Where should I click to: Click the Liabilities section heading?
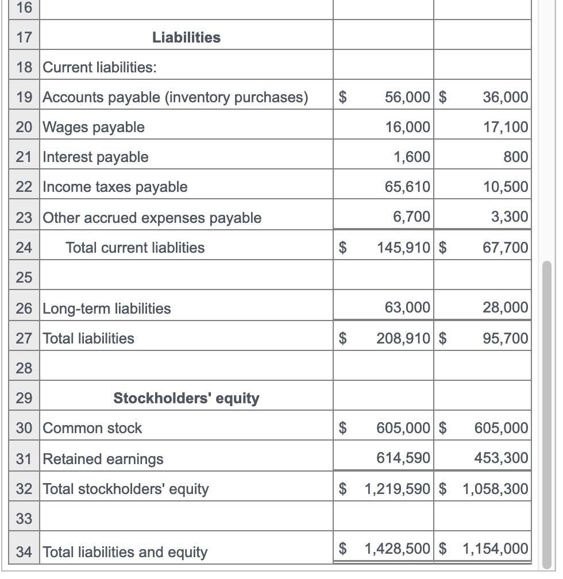[x=186, y=37]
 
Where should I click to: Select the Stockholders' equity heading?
[x=186, y=398]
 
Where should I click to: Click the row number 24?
[x=24, y=248]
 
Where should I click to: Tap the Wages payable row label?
[x=94, y=127]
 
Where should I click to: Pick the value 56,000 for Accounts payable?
[x=407, y=97]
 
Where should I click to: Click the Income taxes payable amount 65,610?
[x=407, y=187]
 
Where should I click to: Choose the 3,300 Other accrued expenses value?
[x=509, y=217]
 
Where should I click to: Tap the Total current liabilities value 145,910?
[x=403, y=248]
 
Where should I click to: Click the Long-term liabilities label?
[x=107, y=308]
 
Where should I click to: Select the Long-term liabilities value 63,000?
[x=407, y=307]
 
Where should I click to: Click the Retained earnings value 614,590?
[x=403, y=458]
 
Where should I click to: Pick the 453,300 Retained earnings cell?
[x=501, y=458]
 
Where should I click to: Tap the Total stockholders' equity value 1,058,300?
[x=495, y=489]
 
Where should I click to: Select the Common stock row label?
[x=92, y=428]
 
